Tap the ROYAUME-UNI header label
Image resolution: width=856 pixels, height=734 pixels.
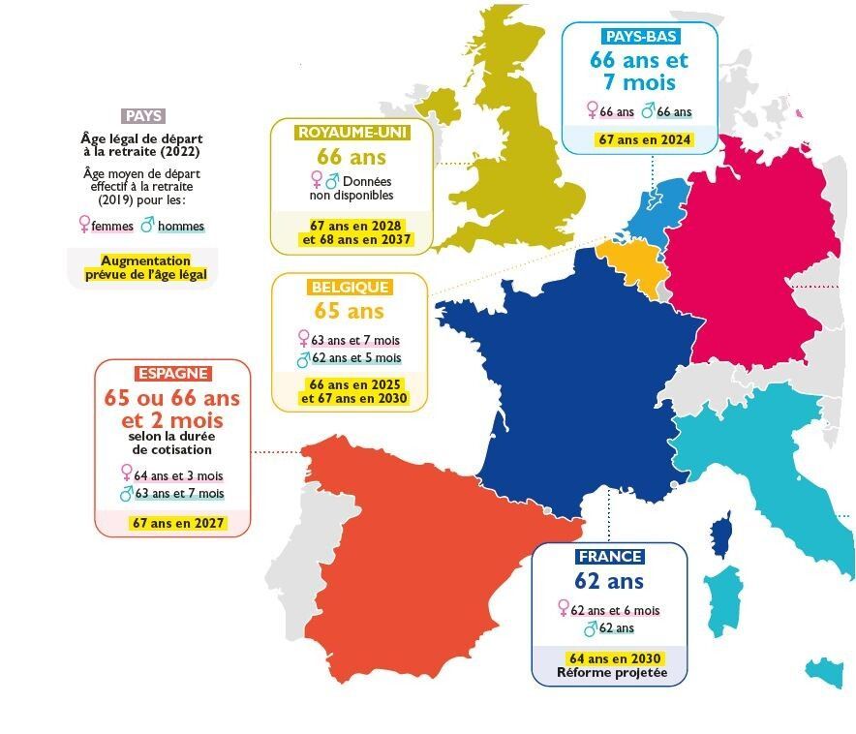point(352,132)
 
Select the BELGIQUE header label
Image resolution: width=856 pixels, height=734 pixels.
point(350,288)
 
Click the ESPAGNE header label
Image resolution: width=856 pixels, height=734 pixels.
point(173,374)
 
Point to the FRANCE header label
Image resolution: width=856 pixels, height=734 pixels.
point(609,557)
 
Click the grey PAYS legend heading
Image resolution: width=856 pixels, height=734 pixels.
point(144,115)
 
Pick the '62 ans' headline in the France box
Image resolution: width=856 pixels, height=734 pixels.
point(609,582)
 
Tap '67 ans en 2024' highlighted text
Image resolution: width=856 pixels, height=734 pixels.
point(645,139)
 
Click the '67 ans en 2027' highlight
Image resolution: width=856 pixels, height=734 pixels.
point(177,523)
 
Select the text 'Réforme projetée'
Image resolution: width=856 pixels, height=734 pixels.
point(612,673)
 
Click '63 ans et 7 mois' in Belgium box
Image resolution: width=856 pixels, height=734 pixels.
point(355,340)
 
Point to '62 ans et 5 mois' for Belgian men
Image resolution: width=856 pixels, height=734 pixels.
point(355,358)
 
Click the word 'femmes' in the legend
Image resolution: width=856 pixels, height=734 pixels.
point(111,226)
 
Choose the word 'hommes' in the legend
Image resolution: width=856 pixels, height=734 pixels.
point(180,226)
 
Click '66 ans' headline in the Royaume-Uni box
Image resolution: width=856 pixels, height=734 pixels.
point(352,157)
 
